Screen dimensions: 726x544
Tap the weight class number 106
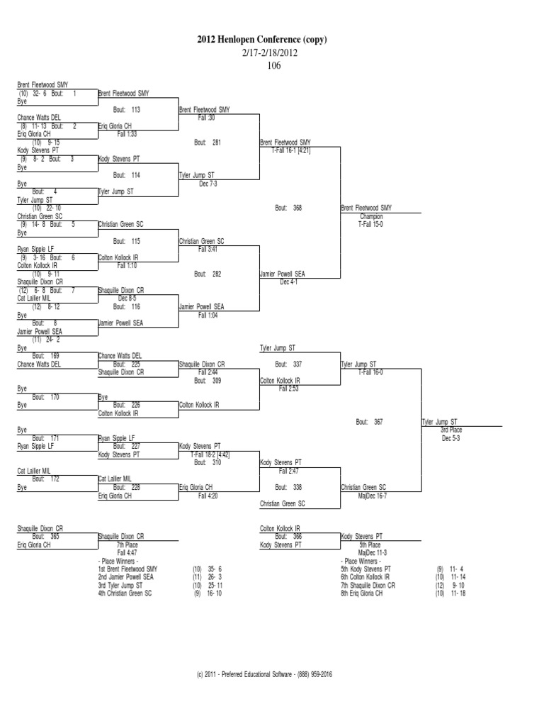click(x=273, y=66)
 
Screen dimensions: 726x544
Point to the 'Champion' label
click(x=370, y=216)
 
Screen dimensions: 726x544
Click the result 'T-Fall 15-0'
click(x=370, y=223)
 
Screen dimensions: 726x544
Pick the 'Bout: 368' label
click(x=288, y=208)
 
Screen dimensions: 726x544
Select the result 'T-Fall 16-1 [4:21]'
click(x=291, y=150)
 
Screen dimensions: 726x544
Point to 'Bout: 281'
click(x=208, y=143)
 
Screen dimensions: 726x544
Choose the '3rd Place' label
click(x=452, y=430)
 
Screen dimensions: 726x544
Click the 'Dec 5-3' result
click(x=452, y=437)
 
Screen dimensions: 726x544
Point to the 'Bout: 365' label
click(x=45, y=537)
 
